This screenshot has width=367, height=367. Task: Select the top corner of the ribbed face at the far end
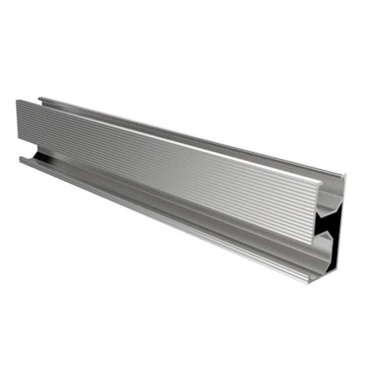click(17, 100)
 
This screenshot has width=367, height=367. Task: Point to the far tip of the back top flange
click(39, 97)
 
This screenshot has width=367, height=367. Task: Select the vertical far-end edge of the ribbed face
click(17, 122)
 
